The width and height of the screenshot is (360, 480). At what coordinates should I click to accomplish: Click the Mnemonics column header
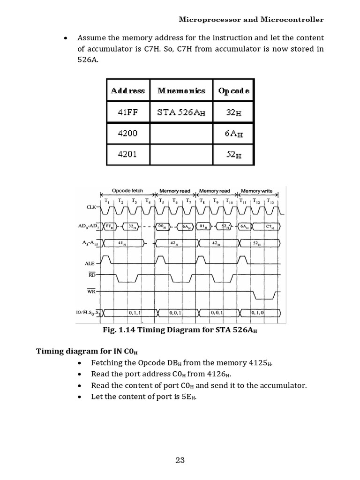pos(181,90)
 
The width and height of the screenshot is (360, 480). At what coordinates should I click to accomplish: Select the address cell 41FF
pos(127,112)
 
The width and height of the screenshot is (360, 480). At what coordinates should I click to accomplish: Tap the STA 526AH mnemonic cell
pos(181,112)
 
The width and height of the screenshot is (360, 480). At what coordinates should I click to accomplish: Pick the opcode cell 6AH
pos(233,134)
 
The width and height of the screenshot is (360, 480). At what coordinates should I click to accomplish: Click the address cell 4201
pos(127,154)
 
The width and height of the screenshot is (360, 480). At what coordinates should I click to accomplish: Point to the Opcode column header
pos(233,90)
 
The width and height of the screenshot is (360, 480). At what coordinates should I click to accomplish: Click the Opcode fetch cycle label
pos(127,191)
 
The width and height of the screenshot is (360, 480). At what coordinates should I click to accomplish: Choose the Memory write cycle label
pos(257,191)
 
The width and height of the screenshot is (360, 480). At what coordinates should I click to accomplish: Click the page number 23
pos(180,460)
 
